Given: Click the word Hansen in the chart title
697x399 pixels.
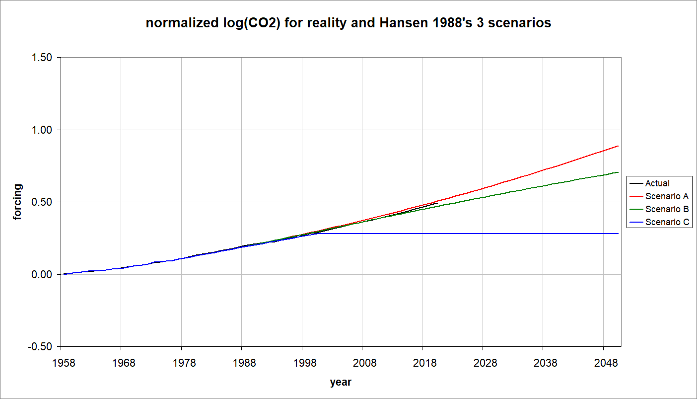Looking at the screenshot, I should pyautogui.click(x=390, y=23).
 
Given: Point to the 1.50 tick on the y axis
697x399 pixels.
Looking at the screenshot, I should pyautogui.click(x=42, y=58).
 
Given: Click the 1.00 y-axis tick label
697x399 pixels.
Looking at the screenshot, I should pyautogui.click(x=42, y=130).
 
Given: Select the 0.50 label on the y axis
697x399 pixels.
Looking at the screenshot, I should pyautogui.click(x=42, y=202).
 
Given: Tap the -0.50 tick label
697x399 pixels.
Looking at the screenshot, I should pyautogui.click(x=41, y=347).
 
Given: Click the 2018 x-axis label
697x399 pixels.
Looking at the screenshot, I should pyautogui.click(x=425, y=363).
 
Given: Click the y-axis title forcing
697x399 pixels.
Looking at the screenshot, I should pyautogui.click(x=17, y=202).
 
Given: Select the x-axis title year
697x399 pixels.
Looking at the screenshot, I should pyautogui.click(x=341, y=382).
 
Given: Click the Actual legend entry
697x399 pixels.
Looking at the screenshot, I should pyautogui.click(x=657, y=183).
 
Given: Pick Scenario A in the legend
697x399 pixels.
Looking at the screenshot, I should pyautogui.click(x=667, y=196).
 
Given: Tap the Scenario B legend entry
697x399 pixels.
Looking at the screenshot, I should pyautogui.click(x=667, y=209).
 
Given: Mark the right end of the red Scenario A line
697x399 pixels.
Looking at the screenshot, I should pyautogui.click(x=618, y=146).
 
